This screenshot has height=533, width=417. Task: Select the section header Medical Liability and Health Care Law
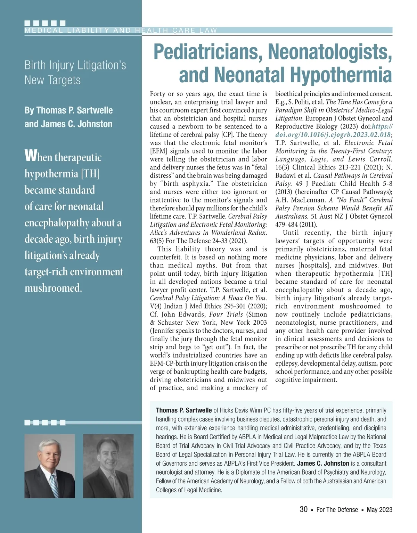[x=121, y=30]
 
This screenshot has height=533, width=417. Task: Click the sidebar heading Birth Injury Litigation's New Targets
[x=75, y=72]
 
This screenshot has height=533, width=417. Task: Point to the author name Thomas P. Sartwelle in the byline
[x=68, y=110]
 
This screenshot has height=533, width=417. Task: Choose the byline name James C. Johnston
[x=68, y=124]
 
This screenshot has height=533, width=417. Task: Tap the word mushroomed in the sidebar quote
[x=53, y=288]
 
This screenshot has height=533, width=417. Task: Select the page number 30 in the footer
[x=303, y=509]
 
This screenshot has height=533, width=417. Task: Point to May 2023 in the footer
[x=379, y=510]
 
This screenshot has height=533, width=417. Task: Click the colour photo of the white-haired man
[x=50, y=466]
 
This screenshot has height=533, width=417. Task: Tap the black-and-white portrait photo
[x=108, y=466]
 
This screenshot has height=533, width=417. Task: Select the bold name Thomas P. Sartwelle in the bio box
[x=184, y=410]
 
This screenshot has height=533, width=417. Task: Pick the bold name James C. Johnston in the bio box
[x=323, y=463]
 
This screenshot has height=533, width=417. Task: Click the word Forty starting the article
[x=157, y=94]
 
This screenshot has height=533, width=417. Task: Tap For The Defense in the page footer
[x=337, y=510]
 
